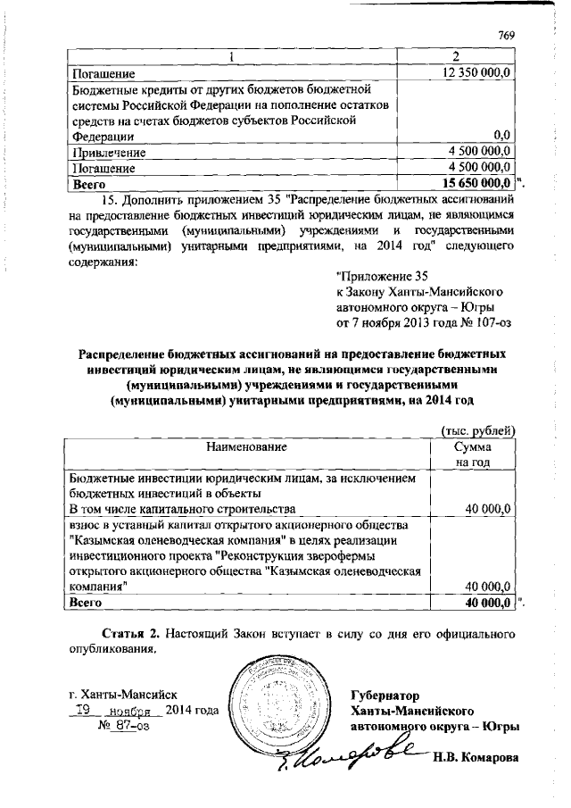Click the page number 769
pyautogui.click(x=506, y=35)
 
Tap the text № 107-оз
pyautogui.click(x=481, y=321)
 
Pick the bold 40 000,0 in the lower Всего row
pyautogui.click(x=482, y=603)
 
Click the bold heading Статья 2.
pyautogui.click(x=130, y=634)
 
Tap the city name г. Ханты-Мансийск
pyautogui.click(x=125, y=693)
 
